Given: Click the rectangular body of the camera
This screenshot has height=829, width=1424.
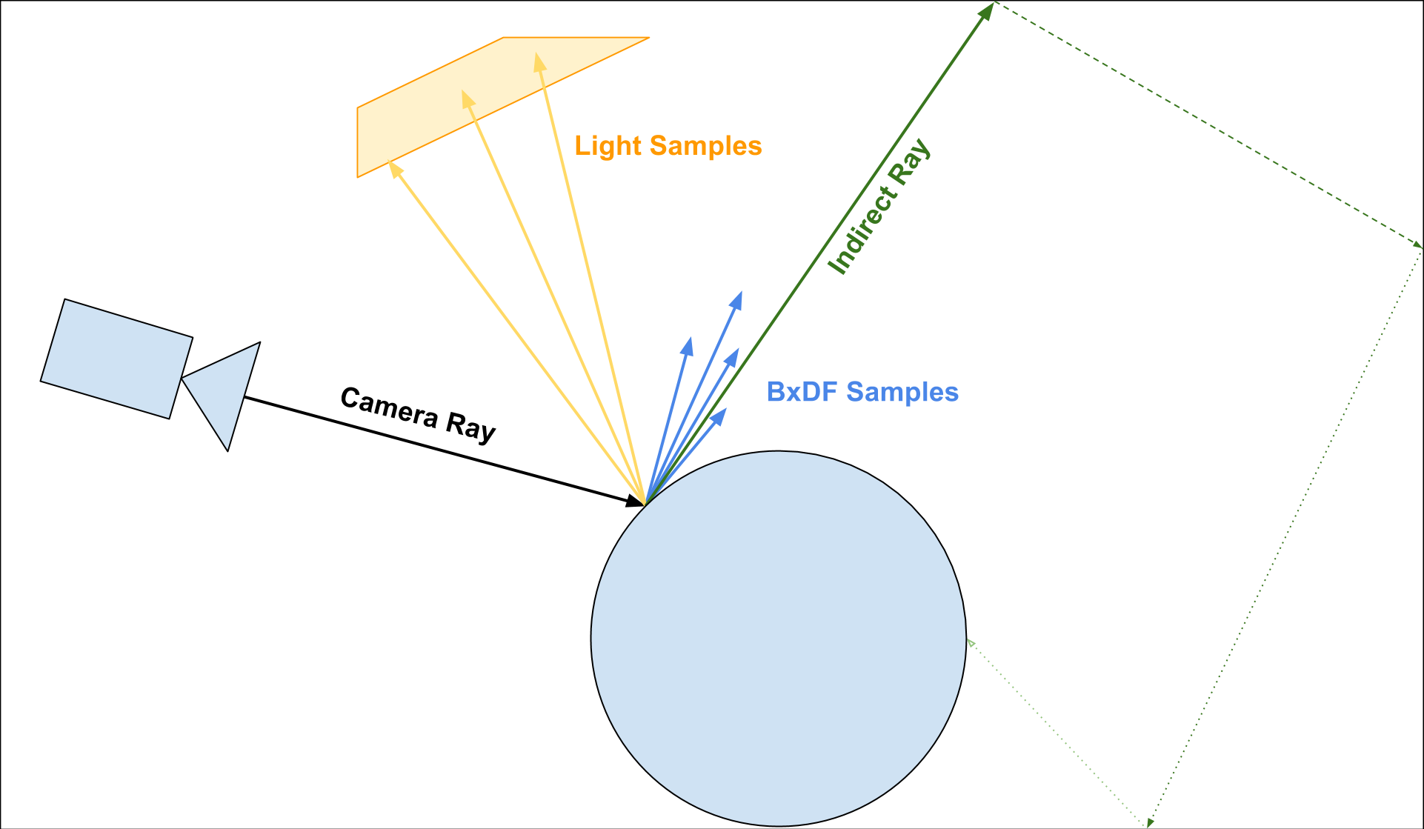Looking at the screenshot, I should point(116,359).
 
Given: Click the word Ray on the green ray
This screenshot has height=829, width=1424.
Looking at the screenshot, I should point(911,162).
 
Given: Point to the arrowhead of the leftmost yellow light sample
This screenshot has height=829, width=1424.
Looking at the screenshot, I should point(395,170).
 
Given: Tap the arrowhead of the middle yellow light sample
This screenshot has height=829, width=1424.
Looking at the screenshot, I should point(467,98).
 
